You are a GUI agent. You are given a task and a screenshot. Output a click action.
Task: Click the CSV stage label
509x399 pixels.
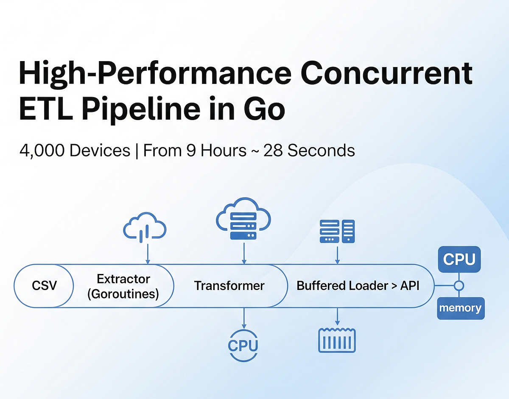tap(44, 286)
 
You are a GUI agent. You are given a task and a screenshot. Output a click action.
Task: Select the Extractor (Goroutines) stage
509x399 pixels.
tap(123, 286)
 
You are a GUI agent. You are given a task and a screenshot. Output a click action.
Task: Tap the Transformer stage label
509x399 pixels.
tap(229, 286)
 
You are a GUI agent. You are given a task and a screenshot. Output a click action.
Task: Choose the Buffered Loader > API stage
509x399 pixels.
tap(358, 286)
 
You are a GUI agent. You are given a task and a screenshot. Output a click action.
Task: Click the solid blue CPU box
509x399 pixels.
tap(459, 259)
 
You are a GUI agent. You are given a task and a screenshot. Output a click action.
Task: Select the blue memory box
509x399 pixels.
tap(460, 308)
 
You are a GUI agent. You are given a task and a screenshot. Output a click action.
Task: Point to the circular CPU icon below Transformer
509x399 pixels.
tap(243, 345)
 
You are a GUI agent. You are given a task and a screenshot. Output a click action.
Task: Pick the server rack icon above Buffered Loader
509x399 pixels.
tap(337, 232)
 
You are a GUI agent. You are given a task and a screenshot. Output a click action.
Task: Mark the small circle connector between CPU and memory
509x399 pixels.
tap(459, 286)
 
